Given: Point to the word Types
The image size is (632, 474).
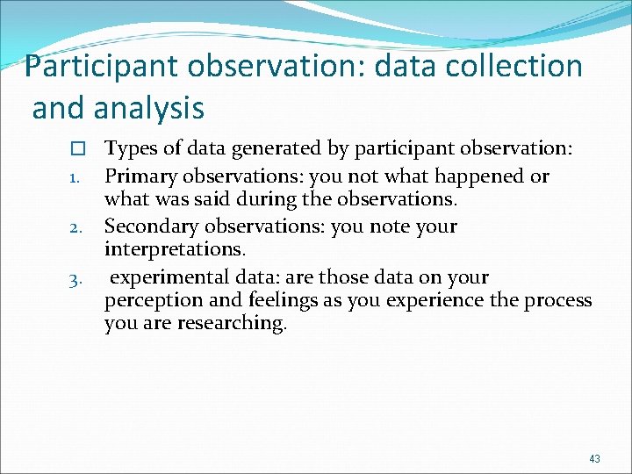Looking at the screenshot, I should tap(131, 150).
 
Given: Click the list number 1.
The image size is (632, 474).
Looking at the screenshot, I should tap(75, 179).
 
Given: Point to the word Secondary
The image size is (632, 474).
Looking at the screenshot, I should tap(151, 226).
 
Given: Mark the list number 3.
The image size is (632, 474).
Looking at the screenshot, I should tap(75, 281).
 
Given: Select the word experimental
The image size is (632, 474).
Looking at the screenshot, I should tap(170, 277).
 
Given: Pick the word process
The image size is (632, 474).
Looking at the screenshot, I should tap(557, 300).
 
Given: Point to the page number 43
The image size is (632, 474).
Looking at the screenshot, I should tap(595, 459).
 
